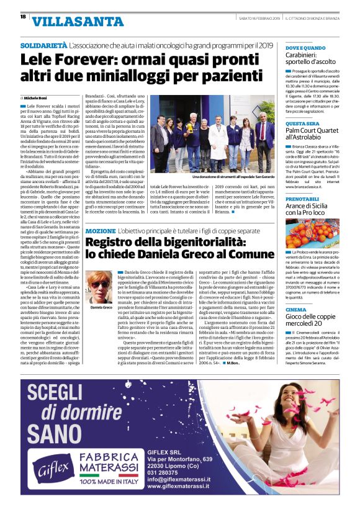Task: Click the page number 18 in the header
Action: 23,17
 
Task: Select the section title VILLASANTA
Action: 65,22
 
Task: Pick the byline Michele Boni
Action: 37,98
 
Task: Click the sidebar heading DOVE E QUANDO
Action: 305,48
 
